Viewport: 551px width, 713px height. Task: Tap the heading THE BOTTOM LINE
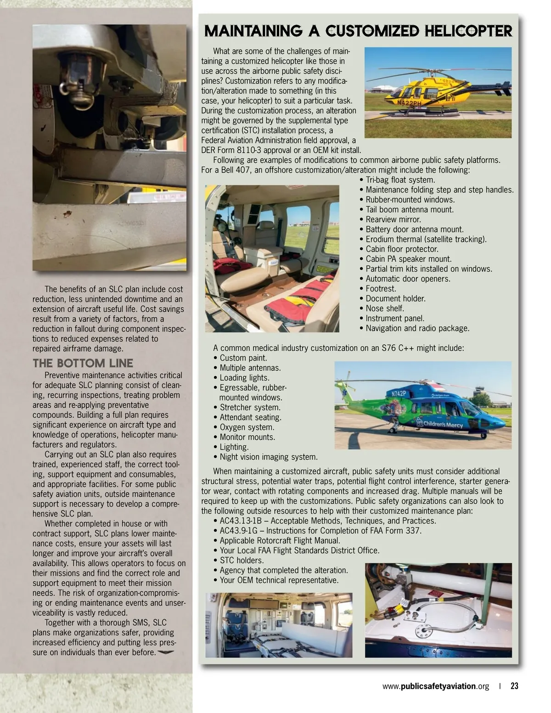click(x=83, y=363)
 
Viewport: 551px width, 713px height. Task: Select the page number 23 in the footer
click(x=514, y=686)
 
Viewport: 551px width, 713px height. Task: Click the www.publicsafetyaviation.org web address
click(x=435, y=686)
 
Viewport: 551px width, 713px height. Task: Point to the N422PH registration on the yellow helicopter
click(x=408, y=103)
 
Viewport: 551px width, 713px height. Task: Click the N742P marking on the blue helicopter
click(x=399, y=393)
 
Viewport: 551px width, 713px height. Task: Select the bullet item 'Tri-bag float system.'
click(x=400, y=180)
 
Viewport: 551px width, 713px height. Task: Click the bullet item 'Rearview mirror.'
click(x=393, y=219)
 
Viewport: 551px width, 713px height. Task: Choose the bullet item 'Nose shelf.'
click(x=385, y=309)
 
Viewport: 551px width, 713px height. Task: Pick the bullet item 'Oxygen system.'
click(x=247, y=427)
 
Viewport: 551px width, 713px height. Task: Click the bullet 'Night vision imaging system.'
click(x=268, y=457)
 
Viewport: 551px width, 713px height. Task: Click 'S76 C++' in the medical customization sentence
click(x=398, y=348)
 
